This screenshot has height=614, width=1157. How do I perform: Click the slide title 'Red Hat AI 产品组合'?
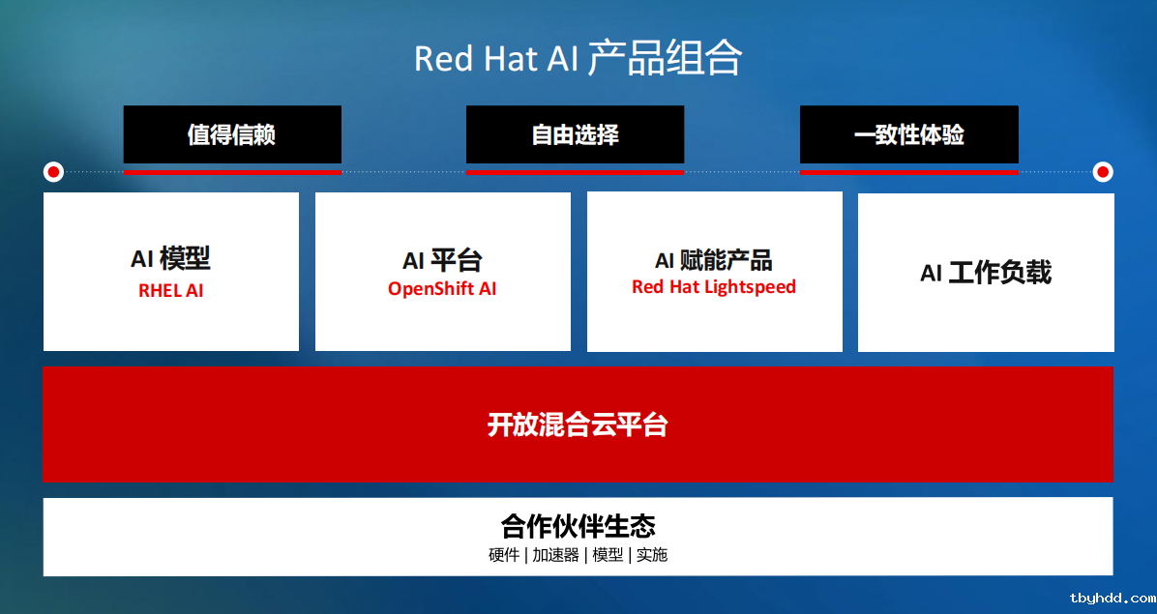pos(578,58)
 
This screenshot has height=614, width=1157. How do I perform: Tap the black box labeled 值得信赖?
pos(232,134)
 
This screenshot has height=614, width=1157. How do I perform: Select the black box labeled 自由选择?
pos(575,134)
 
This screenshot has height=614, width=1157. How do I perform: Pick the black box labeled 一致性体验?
pos(909,134)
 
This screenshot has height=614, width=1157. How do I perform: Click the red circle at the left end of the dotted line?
pos(53,172)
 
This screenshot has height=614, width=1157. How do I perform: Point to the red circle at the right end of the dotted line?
pos(1103,172)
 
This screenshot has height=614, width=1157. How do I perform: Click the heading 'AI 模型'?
pos(170,259)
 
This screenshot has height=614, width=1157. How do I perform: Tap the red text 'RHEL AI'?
pos(170,290)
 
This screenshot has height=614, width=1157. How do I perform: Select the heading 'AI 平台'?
pos(442,260)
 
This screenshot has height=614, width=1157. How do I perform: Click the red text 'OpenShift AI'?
pos(442,289)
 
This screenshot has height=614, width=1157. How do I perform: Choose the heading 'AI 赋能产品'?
pos(714,260)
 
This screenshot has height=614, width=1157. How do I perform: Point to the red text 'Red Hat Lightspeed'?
pos(714,287)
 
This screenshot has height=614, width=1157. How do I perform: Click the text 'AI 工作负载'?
pos(985,273)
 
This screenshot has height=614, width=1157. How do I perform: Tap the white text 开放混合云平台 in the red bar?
pos(578,424)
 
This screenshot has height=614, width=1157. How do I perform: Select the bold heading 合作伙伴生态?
pos(578,526)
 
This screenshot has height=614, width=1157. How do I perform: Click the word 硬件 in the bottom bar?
pos(504,555)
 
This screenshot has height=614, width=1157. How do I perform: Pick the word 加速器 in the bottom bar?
pos(555,555)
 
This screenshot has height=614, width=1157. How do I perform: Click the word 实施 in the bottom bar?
pos(652,555)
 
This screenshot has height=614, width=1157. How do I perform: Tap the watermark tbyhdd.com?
pos(1112,599)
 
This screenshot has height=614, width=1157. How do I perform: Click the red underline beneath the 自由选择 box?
pos(575,172)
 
